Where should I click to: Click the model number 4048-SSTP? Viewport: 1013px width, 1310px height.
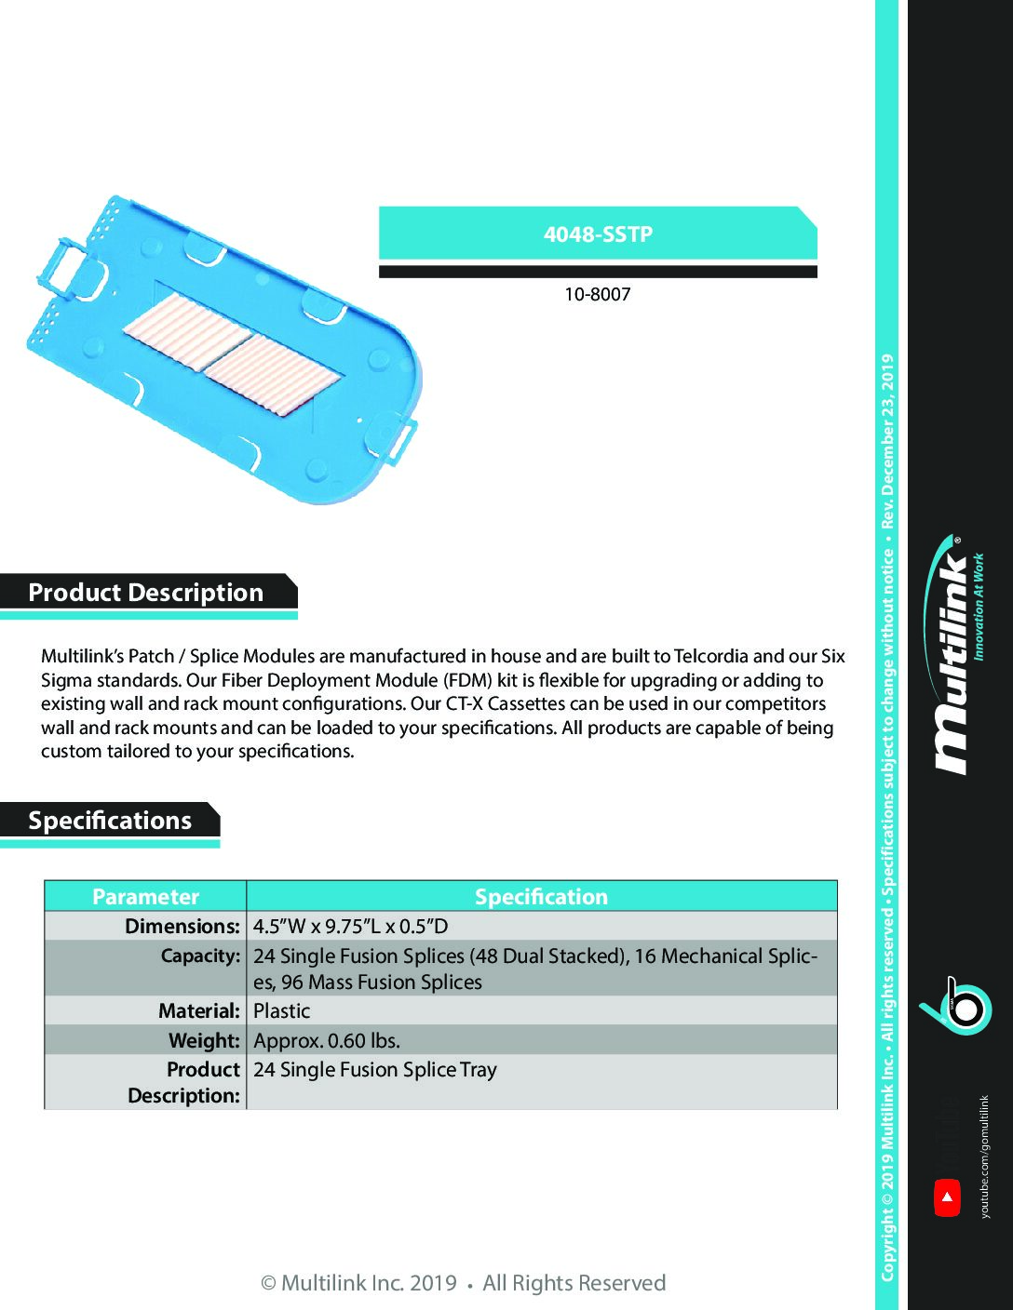tap(598, 234)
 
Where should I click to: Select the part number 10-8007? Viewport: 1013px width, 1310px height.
tap(597, 294)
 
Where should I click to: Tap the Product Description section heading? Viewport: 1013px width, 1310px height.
tap(146, 593)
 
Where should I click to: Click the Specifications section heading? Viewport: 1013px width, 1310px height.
tap(110, 821)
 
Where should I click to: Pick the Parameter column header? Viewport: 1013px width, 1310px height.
tap(145, 896)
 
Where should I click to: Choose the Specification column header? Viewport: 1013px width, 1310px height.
tap(541, 896)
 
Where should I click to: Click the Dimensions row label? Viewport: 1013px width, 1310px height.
tap(182, 926)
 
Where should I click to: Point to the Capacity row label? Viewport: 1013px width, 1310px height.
tap(200, 956)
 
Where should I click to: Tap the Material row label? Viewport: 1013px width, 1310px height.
tap(198, 1010)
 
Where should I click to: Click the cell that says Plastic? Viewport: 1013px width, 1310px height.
tap(282, 1010)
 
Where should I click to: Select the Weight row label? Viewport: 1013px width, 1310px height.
tap(204, 1040)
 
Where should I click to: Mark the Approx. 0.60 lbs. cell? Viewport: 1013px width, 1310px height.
tap(327, 1040)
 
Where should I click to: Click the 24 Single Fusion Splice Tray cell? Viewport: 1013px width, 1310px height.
tap(375, 1069)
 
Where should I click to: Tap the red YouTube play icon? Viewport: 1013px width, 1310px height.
tap(947, 1197)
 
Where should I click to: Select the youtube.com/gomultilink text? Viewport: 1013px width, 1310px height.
tap(985, 1156)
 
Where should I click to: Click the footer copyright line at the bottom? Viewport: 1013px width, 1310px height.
tap(463, 1283)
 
